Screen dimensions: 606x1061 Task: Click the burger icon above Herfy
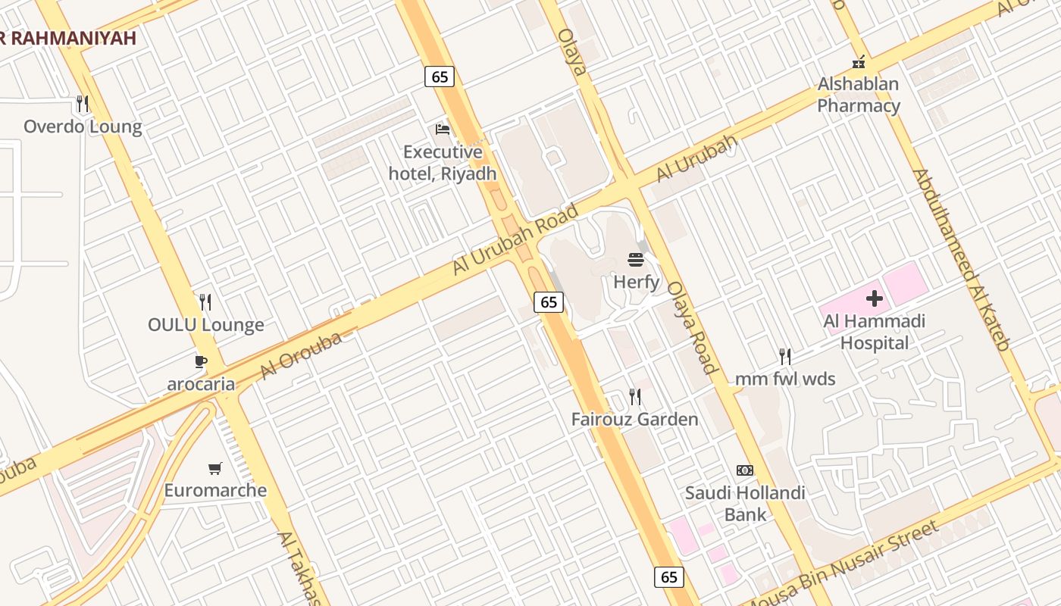pos(636,261)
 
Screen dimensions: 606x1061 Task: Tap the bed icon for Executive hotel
pos(443,130)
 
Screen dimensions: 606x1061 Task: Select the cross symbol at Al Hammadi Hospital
pos(875,298)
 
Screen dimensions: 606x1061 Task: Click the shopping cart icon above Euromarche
pos(215,468)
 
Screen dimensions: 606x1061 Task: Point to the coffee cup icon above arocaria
pos(201,362)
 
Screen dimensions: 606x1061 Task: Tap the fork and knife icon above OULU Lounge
pos(205,302)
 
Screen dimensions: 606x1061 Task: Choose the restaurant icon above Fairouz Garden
pos(635,396)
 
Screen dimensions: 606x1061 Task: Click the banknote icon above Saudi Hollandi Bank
pos(745,470)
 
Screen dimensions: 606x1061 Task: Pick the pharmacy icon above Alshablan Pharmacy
pos(859,62)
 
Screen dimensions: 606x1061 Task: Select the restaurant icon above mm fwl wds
pos(785,356)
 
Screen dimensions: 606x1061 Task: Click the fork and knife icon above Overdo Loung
pos(83,103)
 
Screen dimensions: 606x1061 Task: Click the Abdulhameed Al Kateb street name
pos(961,259)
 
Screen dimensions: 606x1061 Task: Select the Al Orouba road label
pos(300,355)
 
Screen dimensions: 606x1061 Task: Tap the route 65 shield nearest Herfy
pos(549,302)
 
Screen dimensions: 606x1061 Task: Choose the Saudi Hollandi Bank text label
pos(745,504)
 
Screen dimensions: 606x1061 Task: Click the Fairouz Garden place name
pos(635,419)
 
